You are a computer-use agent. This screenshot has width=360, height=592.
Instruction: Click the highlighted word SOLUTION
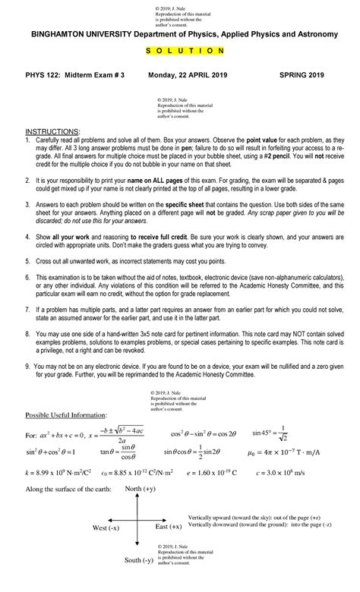tap(180, 50)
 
